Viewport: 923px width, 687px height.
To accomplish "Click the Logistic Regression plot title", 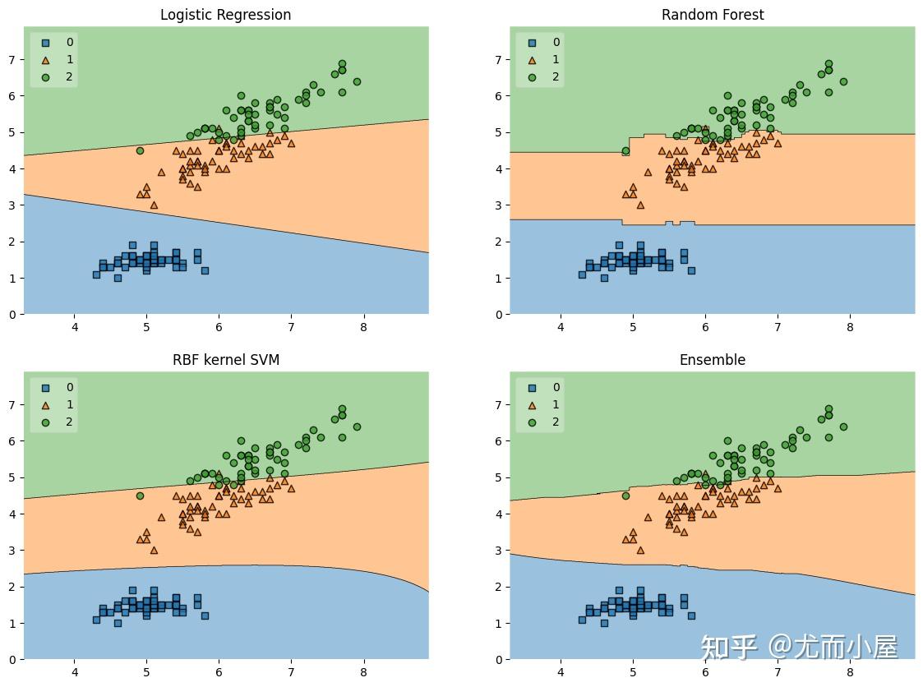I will (x=225, y=15).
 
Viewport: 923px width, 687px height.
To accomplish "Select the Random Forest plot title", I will (x=712, y=15).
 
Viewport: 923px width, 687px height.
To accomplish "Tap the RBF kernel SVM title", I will (x=225, y=360).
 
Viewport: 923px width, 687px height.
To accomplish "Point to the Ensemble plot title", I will (x=712, y=360).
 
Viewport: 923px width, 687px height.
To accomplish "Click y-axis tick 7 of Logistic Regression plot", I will (x=12, y=59).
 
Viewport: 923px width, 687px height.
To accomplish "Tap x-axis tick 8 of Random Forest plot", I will (x=850, y=327).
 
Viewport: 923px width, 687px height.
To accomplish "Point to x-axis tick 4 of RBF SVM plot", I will (x=74, y=672).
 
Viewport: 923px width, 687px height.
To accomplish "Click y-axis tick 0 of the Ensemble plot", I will (x=498, y=659).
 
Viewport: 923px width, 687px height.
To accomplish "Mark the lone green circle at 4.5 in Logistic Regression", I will (x=140, y=150).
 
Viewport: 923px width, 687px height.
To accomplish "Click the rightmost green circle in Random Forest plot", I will (x=843, y=81).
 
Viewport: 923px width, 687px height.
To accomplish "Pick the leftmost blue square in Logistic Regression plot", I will (x=96, y=274).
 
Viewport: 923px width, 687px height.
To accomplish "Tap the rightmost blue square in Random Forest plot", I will (x=691, y=270).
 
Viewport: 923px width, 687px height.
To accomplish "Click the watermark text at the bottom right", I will (x=799, y=648).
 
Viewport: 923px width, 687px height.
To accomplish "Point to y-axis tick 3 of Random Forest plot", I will (x=498, y=205).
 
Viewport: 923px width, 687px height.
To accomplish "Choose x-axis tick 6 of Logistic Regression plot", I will (x=219, y=327).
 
